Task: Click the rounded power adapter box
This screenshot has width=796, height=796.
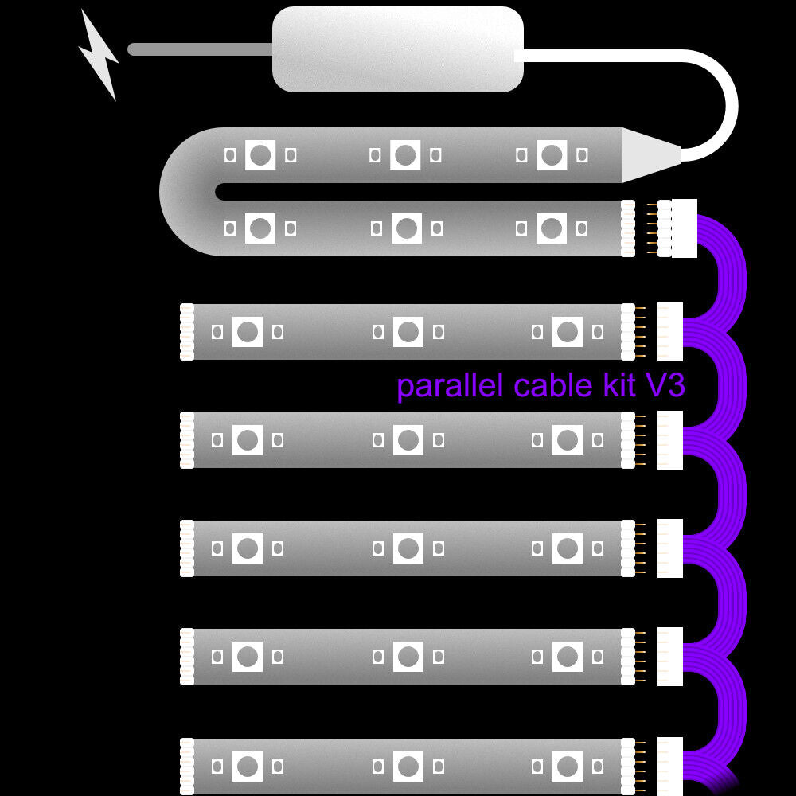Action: [398, 49]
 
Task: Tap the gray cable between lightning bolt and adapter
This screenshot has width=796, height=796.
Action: [199, 49]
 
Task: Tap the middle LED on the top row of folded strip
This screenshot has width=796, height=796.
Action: [405, 154]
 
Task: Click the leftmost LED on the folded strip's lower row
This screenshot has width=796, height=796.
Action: [259, 228]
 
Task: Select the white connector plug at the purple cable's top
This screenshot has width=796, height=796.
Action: [684, 228]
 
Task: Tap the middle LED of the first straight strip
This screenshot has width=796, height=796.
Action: [408, 331]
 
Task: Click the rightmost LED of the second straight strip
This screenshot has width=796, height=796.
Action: [567, 439]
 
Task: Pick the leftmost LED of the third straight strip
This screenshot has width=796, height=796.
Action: [248, 548]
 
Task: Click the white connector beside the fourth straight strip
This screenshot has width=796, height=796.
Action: [670, 656]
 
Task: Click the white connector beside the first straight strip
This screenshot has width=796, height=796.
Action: [670, 331]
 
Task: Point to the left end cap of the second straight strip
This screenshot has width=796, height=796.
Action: [187, 439]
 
